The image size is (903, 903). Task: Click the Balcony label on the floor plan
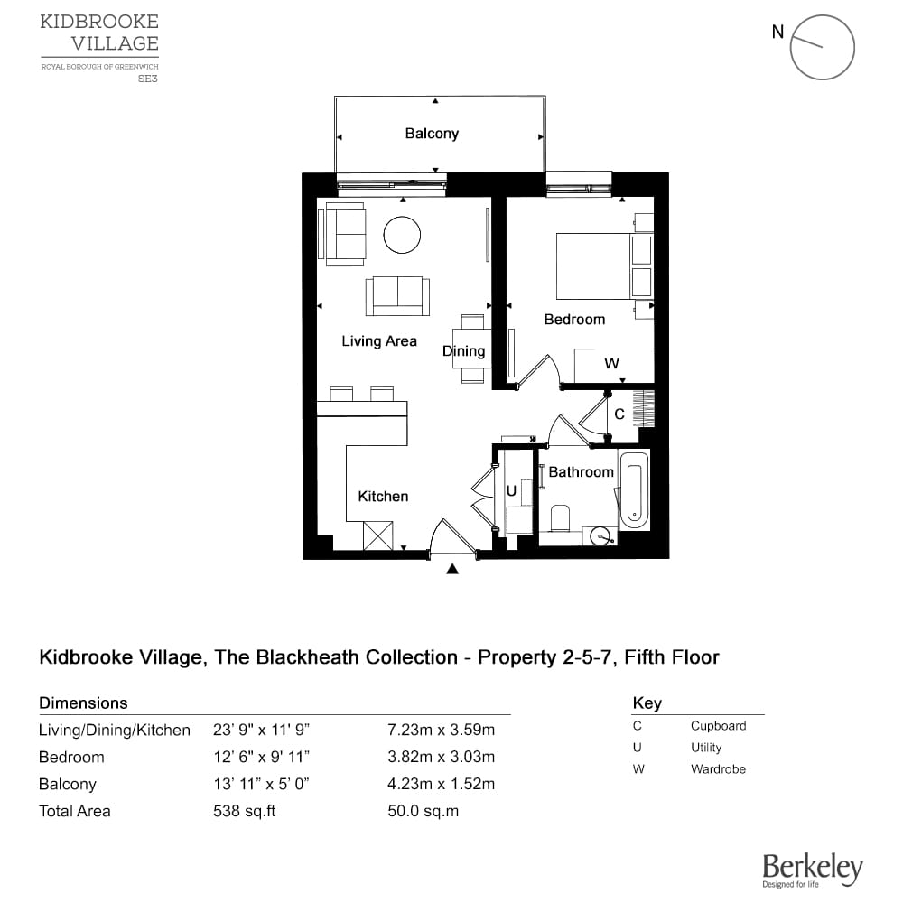432,134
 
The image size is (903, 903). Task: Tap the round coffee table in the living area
402,236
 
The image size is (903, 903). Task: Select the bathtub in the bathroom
634,496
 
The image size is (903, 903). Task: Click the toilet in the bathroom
560,518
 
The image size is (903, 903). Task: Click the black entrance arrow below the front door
453,568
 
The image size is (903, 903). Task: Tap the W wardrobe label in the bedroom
611,364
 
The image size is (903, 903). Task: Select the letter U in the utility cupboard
511,492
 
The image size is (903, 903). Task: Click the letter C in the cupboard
619,414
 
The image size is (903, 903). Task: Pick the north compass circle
822,47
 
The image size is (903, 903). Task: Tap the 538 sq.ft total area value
244,811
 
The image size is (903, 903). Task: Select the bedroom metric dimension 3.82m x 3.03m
441,757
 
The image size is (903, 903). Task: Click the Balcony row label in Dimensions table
68,784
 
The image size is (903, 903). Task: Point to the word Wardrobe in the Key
718,769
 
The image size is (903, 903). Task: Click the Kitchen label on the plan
383,496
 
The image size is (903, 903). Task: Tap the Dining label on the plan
463,351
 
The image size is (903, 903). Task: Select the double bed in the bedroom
603,266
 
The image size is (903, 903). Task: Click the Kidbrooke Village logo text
99,33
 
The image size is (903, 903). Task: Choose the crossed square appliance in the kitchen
377,535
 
